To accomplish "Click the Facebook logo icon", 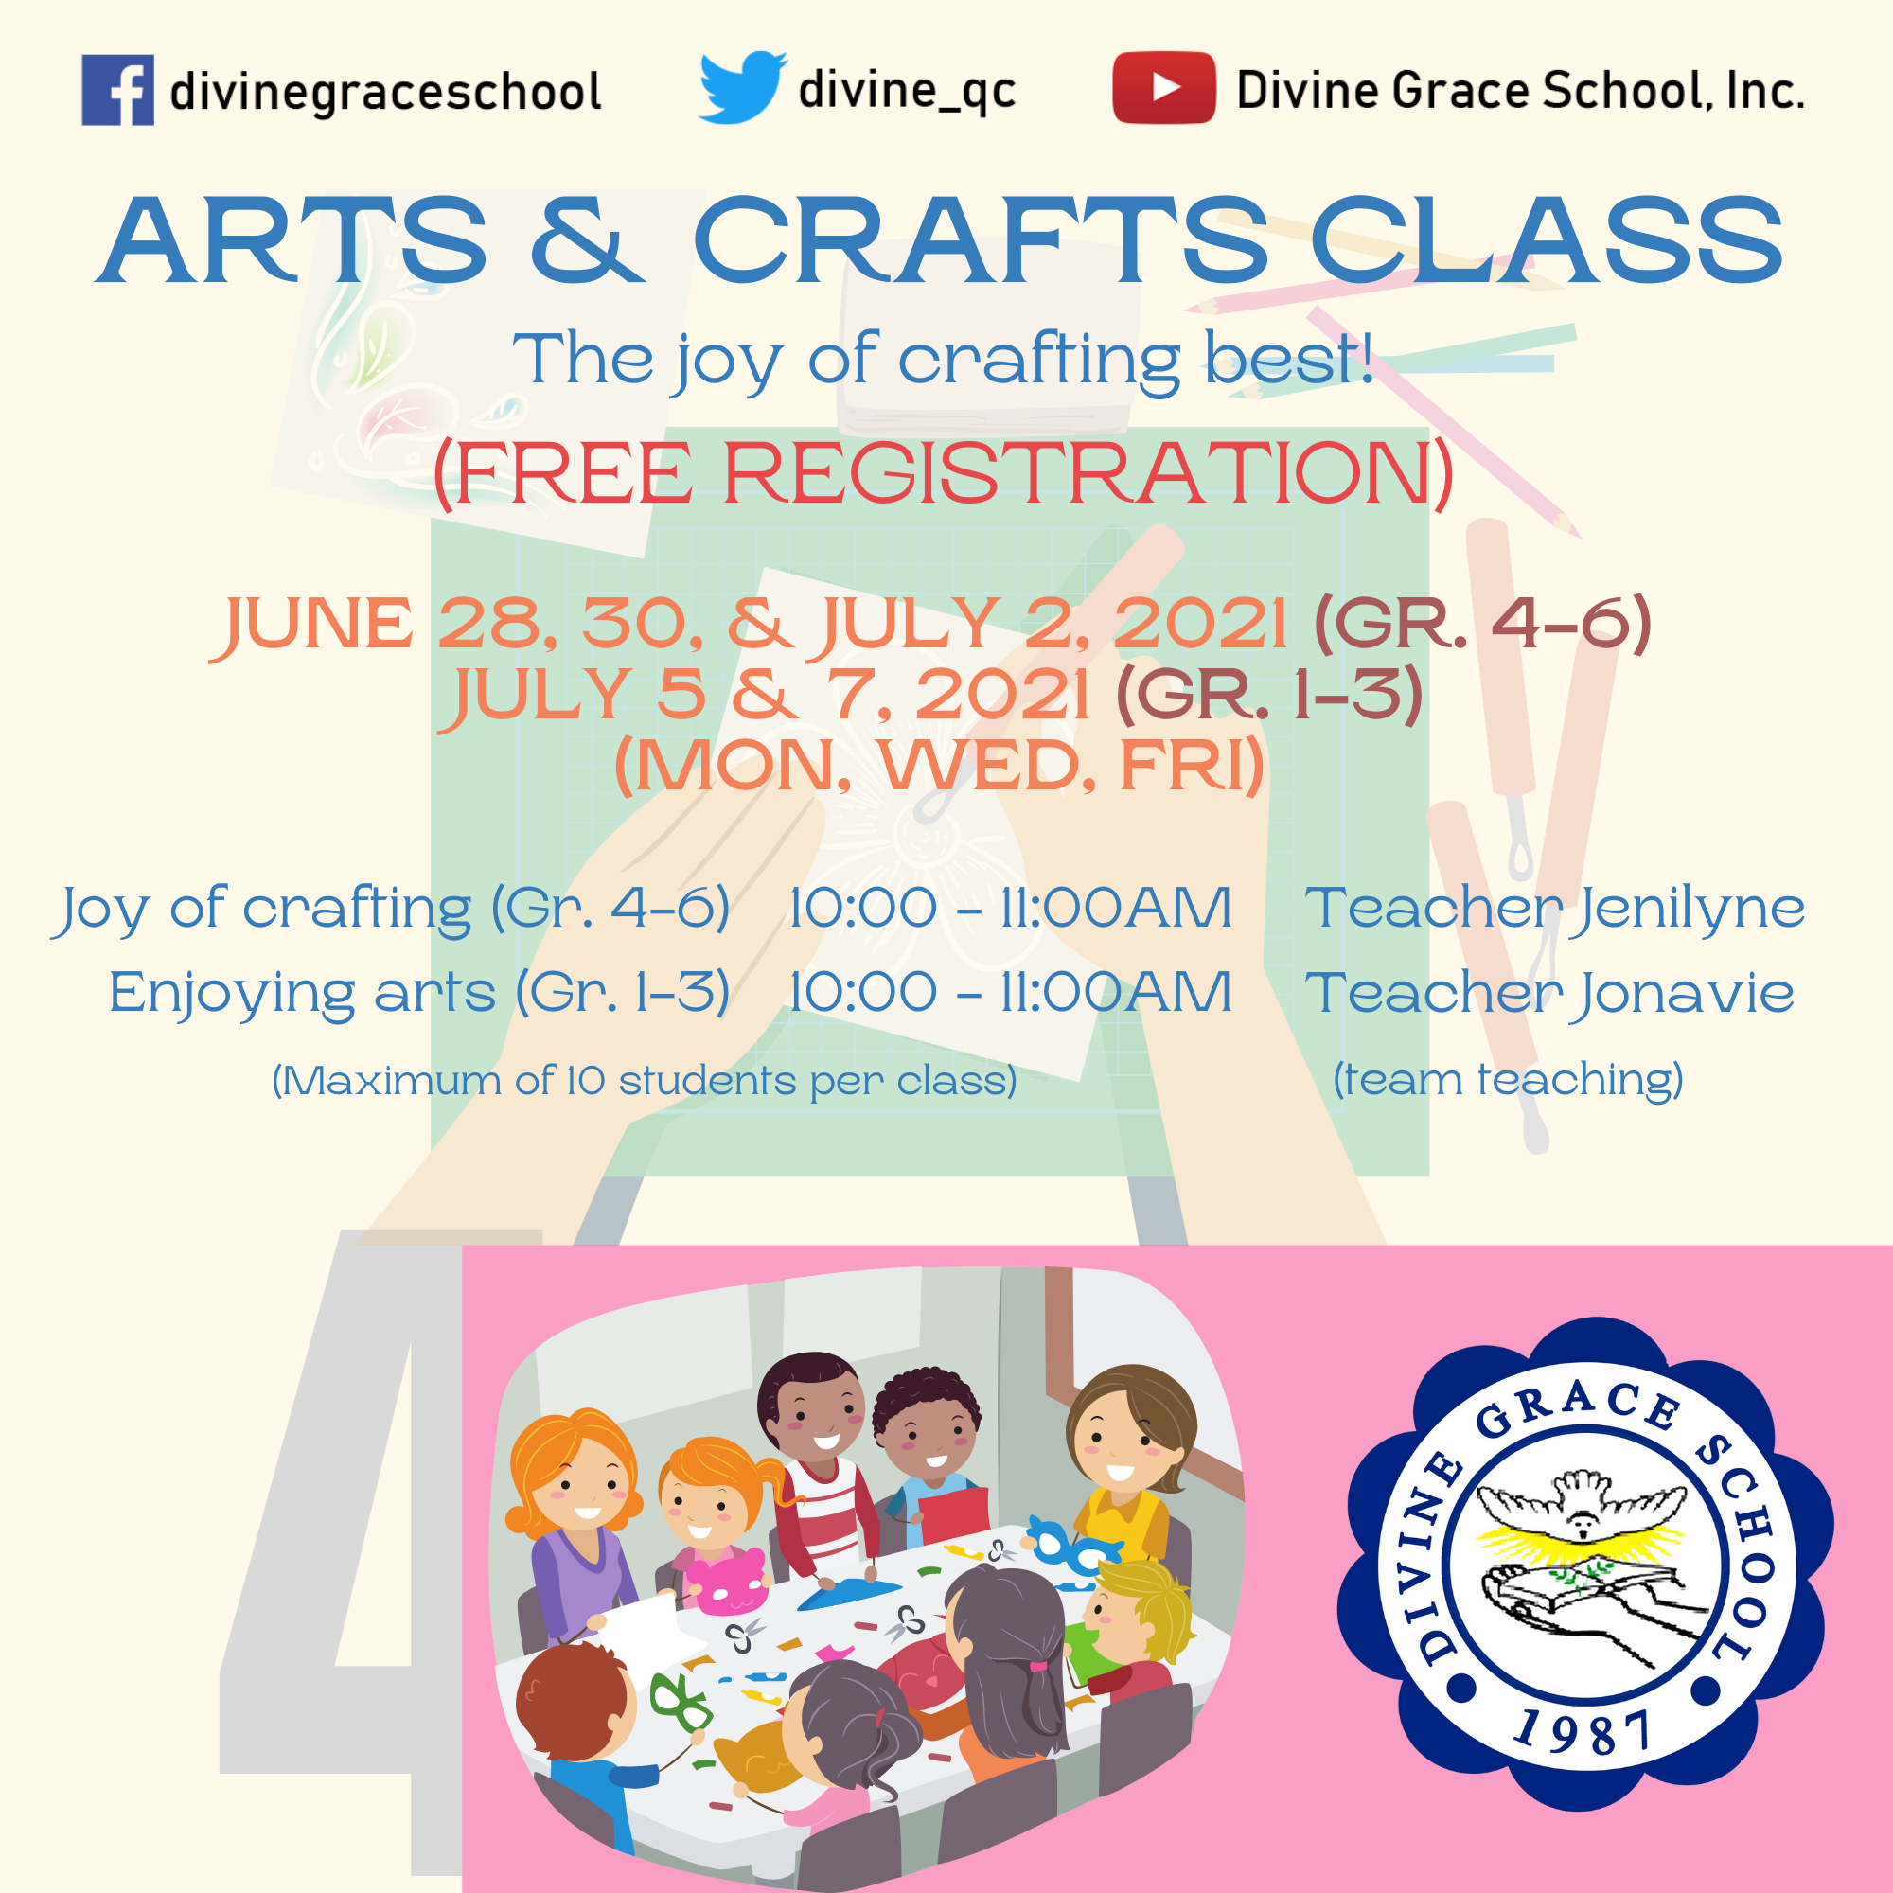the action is (117, 90).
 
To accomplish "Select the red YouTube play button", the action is (1164, 87).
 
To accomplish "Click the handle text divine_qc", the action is (908, 91).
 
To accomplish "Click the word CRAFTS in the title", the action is (980, 240).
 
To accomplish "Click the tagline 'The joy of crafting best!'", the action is (944, 360).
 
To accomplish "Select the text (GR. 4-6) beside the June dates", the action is (1482, 623).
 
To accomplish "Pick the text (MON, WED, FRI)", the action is (940, 764).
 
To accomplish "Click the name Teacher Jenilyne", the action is (1555, 909).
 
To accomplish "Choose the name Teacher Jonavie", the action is (1549, 993).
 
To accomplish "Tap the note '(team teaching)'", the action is (1508, 1079).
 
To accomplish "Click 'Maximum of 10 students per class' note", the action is (644, 1081).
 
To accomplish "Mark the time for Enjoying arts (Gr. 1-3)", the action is (1010, 993).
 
